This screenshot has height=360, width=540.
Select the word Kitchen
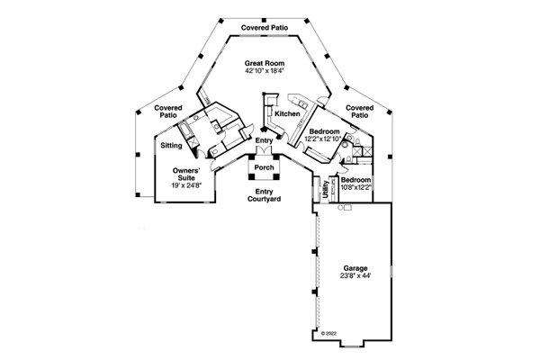287,114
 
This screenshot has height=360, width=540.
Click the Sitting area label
172,144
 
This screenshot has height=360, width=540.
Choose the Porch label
264,167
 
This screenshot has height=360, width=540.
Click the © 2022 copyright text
335,333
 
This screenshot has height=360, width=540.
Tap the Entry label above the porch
263,140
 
